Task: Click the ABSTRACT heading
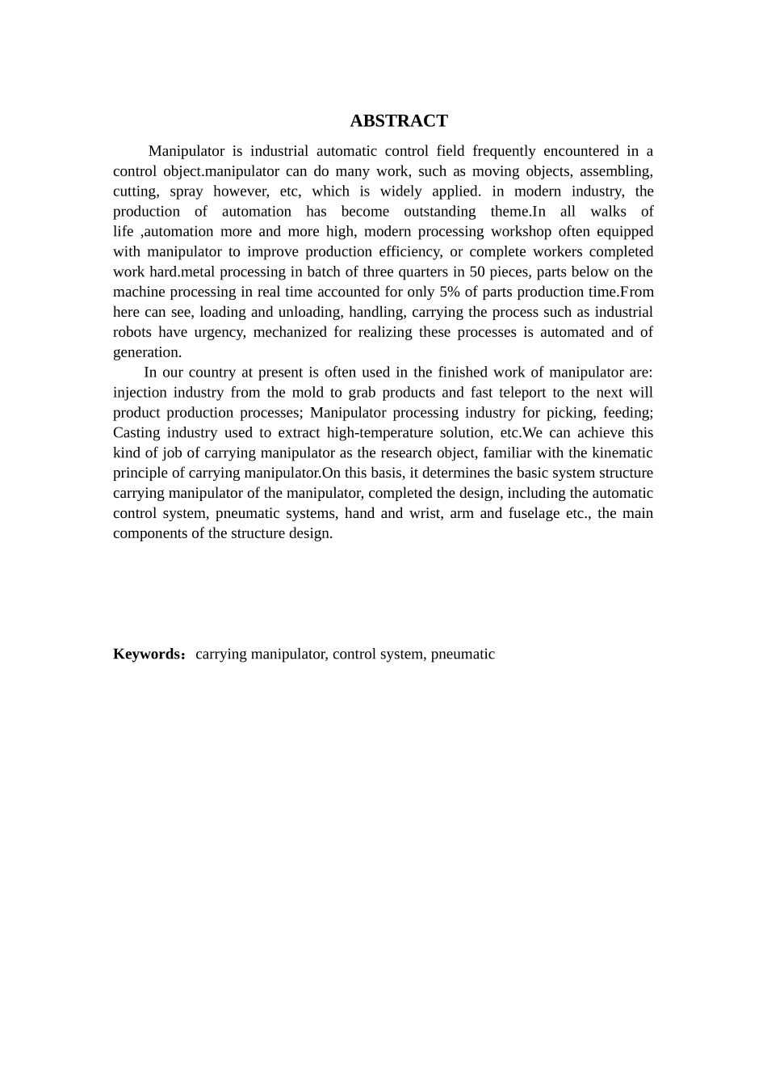[x=399, y=121]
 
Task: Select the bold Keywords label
[x=149, y=654]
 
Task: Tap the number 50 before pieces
[x=477, y=271]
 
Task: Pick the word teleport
[x=518, y=393]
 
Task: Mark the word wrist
[x=438, y=513]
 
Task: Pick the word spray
[x=186, y=192]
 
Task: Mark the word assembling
[x=616, y=171]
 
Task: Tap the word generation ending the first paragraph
[x=146, y=352]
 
